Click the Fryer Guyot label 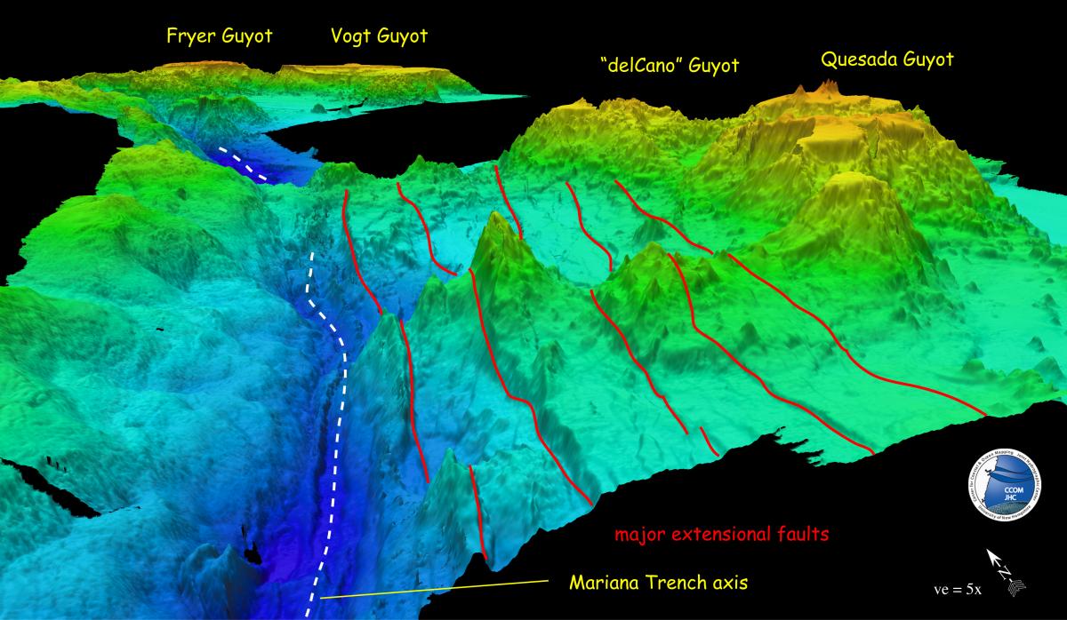tap(219, 38)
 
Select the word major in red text tap(640, 536)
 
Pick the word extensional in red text tap(725, 536)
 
